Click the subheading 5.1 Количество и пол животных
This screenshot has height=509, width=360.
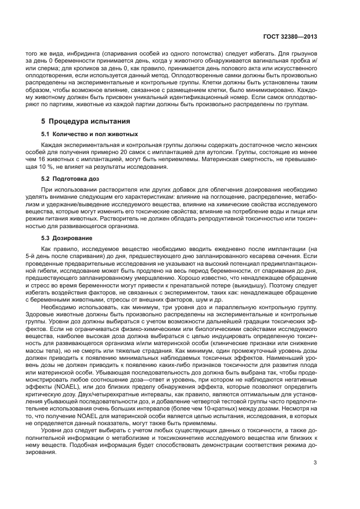click(x=89, y=134)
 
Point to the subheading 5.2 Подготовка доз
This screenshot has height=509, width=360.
click(x=71, y=178)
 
